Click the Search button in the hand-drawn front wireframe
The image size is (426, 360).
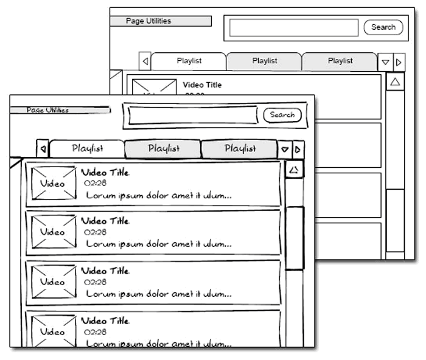pos(282,115)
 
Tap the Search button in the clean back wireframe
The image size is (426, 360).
pos(383,27)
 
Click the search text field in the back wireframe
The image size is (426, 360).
pos(294,28)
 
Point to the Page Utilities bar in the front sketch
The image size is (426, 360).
pos(60,111)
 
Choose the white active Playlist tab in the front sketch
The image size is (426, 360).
pos(88,148)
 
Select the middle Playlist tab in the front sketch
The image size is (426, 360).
pos(163,148)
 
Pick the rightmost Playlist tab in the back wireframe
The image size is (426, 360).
pos(340,61)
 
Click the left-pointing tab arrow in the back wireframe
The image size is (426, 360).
pos(145,61)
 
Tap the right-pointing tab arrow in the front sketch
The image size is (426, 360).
pos(298,149)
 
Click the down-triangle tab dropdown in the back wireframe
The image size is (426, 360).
pos(385,62)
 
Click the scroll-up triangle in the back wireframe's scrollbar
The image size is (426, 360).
pos(395,81)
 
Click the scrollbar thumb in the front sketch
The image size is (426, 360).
pos(295,238)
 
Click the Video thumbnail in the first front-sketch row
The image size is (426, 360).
pos(54,183)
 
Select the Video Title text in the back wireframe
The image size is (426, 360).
pos(202,85)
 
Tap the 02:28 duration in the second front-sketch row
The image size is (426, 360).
pos(95,232)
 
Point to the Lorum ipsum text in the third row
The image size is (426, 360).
pos(158,294)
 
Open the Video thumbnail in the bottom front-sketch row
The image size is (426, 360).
pos(54,331)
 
